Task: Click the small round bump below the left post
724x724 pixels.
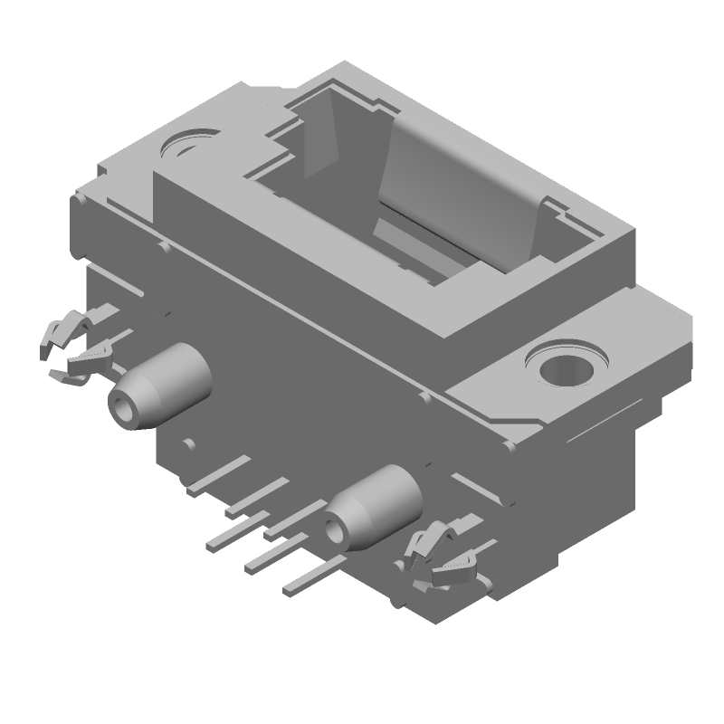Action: pyautogui.click(x=188, y=444)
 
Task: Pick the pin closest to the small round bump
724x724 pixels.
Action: pyautogui.click(x=217, y=476)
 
